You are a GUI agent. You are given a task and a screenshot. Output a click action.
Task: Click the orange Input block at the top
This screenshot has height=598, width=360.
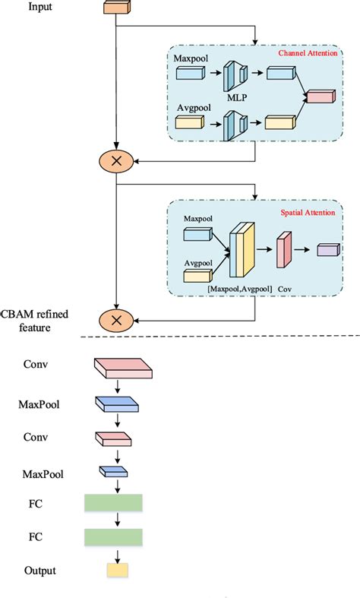(115, 8)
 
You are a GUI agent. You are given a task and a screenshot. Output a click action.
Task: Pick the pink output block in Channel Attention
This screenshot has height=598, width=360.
(319, 97)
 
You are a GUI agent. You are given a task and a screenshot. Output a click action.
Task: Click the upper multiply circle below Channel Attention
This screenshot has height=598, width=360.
(115, 160)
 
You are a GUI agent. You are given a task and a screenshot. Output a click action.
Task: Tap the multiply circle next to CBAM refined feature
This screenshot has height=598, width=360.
(115, 320)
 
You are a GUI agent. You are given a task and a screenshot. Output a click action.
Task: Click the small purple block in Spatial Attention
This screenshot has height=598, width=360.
(327, 250)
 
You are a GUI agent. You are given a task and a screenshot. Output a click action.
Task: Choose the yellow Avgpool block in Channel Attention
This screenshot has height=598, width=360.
(190, 122)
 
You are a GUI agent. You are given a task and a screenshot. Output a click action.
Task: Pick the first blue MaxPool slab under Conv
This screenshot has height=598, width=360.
(115, 404)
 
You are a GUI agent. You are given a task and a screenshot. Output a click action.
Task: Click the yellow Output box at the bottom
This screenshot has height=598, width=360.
(116, 571)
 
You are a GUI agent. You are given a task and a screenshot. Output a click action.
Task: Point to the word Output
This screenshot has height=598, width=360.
(39, 571)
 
